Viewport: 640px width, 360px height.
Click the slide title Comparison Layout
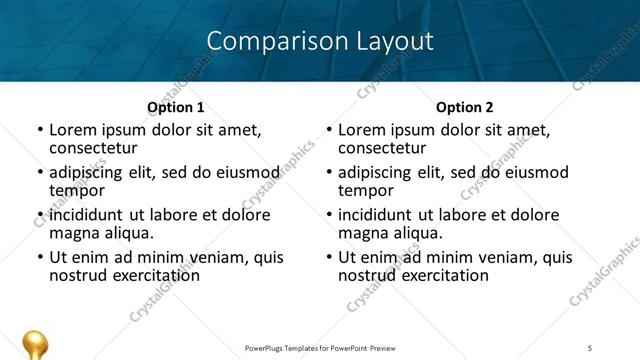coord(320,41)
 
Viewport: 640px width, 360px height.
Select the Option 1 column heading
coord(175,107)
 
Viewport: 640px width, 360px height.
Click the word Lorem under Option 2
coord(360,130)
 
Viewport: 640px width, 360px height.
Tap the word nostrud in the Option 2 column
coord(366,275)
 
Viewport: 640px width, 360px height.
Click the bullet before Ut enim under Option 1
coord(40,258)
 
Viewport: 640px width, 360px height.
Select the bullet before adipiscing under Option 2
coord(329,173)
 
